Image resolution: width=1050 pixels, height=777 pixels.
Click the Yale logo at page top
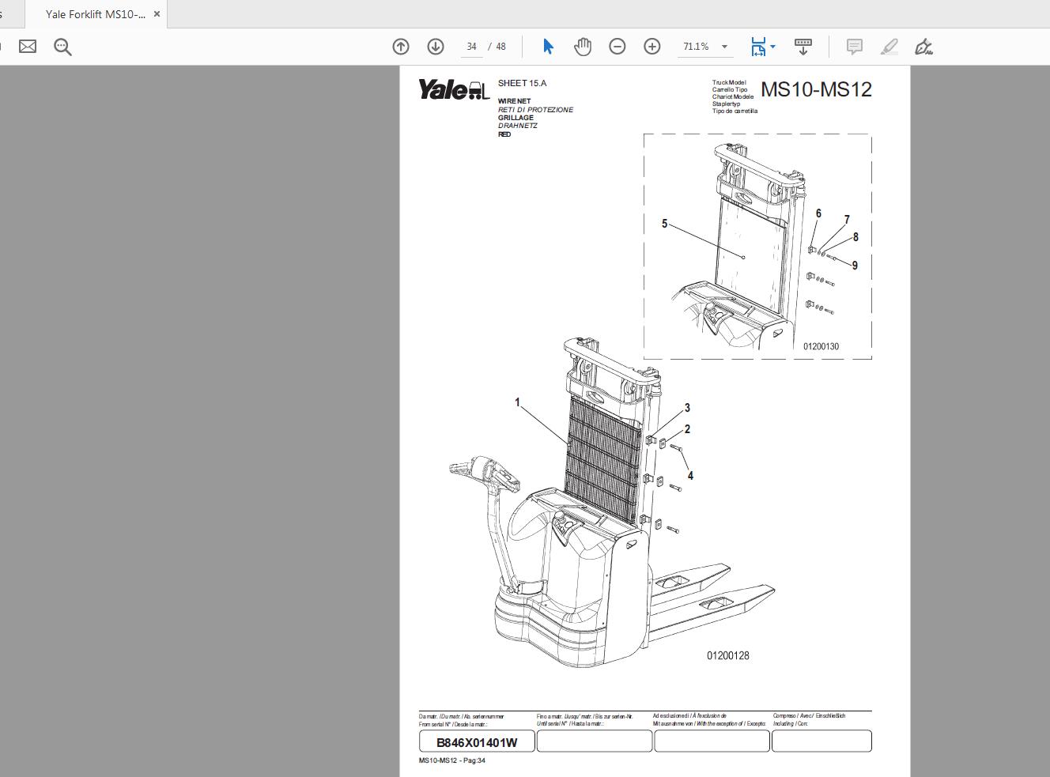point(454,90)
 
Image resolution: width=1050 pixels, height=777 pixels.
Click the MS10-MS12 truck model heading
point(816,89)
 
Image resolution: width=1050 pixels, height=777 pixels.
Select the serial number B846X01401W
point(477,742)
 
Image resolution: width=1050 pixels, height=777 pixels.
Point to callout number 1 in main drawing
point(518,402)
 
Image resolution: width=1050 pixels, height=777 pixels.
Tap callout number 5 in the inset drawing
point(664,224)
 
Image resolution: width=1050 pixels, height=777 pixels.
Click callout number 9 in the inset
point(855,266)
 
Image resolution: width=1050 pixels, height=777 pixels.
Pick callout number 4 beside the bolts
point(690,476)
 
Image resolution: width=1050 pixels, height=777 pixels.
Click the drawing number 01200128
point(727,655)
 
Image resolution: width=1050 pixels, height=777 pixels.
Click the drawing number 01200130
point(821,346)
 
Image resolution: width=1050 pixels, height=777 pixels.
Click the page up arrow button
point(401,47)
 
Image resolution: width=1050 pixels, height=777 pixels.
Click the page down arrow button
point(436,47)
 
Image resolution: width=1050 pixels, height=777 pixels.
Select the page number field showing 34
point(471,47)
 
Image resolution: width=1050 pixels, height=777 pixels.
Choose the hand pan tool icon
point(583,47)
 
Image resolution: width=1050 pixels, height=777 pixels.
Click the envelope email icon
point(28,47)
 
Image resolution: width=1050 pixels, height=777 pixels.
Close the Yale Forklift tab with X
point(157,14)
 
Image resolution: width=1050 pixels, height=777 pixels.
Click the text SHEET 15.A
point(522,83)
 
